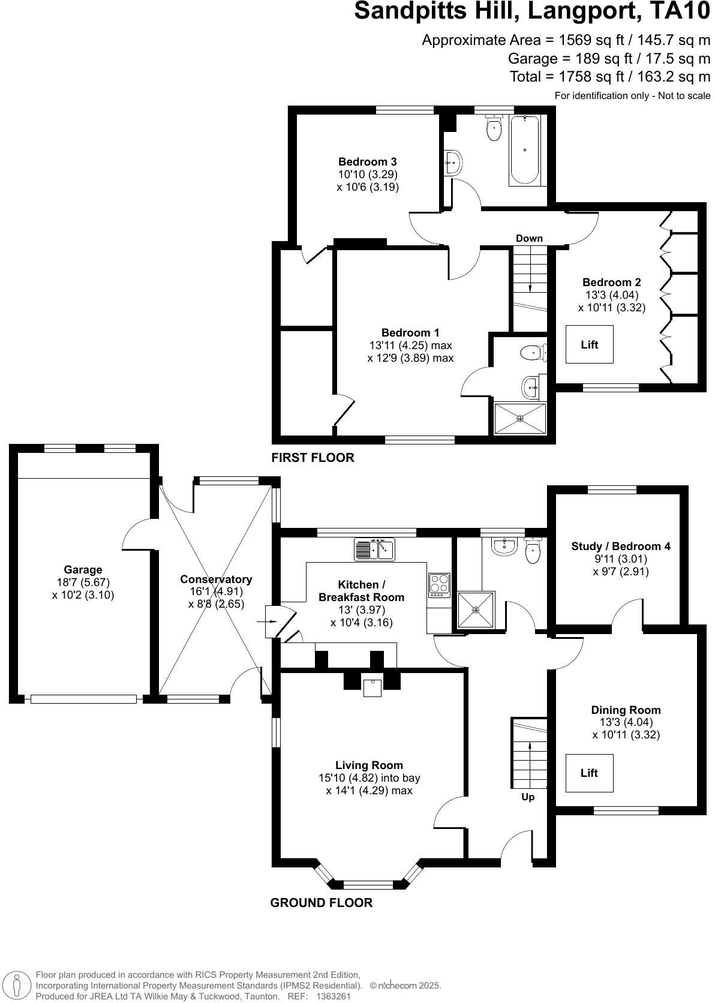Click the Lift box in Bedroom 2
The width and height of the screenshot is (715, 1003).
click(589, 344)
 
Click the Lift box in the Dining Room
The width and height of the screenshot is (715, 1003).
click(589, 773)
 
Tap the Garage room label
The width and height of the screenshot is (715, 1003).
click(83, 570)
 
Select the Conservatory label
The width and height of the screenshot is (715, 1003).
click(216, 579)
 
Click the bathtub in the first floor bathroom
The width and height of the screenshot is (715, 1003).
click(524, 150)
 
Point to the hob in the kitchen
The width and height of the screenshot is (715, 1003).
click(439, 585)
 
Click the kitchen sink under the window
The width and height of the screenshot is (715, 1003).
click(374, 549)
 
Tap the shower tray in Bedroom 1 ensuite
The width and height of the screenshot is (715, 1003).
click(520, 418)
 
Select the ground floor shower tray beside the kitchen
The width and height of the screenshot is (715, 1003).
click(476, 610)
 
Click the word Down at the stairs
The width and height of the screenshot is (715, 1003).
click(529, 238)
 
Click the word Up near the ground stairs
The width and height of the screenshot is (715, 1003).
click(528, 797)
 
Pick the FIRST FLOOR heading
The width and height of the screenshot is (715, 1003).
click(313, 458)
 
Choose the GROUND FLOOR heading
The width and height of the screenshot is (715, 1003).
click(321, 903)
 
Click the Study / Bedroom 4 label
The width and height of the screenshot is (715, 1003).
click(620, 546)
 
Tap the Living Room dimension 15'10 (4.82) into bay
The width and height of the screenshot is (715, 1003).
click(369, 778)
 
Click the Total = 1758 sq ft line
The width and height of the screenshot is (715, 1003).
click(609, 77)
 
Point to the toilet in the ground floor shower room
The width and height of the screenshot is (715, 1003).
click(533, 551)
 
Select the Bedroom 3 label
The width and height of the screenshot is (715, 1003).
click(367, 162)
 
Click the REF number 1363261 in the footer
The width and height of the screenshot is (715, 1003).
click(333, 996)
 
